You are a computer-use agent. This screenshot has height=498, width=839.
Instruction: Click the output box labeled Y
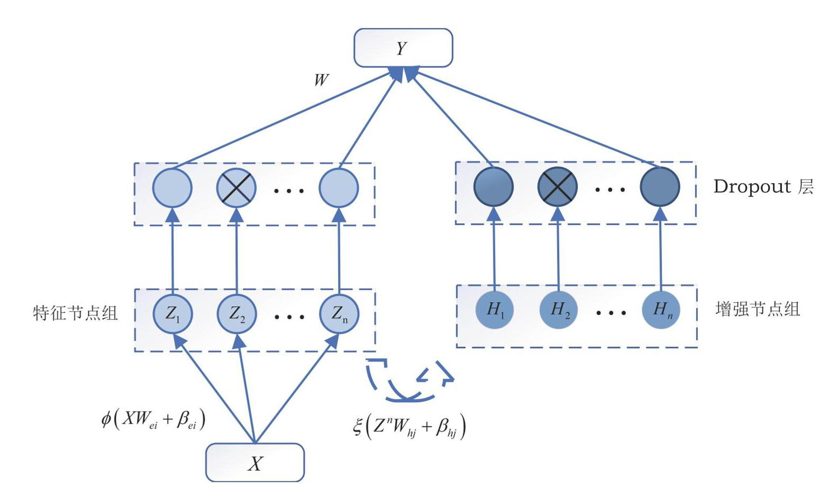pyautogui.click(x=403, y=48)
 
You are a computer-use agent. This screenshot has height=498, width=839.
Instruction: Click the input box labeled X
pyautogui.click(x=255, y=463)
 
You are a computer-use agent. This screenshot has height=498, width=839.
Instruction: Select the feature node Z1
pyautogui.click(x=172, y=314)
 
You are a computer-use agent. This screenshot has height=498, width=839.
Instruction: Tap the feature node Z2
pyautogui.click(x=236, y=314)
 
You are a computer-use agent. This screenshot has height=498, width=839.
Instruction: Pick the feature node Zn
pyautogui.click(x=339, y=314)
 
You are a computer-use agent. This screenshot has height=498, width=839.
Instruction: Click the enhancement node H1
pyautogui.click(x=495, y=310)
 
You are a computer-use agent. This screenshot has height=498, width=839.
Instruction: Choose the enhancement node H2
pyautogui.click(x=558, y=310)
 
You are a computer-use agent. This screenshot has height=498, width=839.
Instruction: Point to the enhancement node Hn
pyautogui.click(x=661, y=310)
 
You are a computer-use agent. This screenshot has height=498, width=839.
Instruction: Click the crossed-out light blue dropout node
pyautogui.click(x=236, y=188)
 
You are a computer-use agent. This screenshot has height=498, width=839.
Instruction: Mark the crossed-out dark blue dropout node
pyautogui.click(x=558, y=187)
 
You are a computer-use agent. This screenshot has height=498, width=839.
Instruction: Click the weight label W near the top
pyautogui.click(x=321, y=80)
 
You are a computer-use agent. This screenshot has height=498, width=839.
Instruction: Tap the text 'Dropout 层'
pyautogui.click(x=763, y=187)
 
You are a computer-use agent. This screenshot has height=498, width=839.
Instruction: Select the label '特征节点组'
pyautogui.click(x=75, y=313)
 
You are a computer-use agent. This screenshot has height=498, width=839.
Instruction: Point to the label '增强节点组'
pyautogui.click(x=758, y=309)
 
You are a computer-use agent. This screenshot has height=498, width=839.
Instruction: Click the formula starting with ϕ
pyautogui.click(x=153, y=420)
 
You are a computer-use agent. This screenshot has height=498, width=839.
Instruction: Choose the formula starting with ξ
pyautogui.click(x=409, y=427)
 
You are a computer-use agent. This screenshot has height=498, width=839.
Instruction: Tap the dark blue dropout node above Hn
pyautogui.click(x=660, y=187)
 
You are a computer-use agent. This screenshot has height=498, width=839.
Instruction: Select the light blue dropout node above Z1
pyautogui.click(x=172, y=188)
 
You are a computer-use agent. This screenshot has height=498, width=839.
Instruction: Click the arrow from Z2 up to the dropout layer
pyautogui.click(x=236, y=249)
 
